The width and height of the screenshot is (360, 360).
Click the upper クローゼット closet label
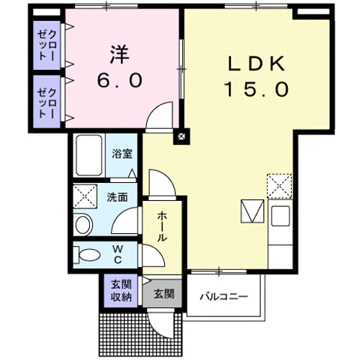click(x=47, y=45)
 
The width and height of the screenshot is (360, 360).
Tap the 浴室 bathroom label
click(x=122, y=154)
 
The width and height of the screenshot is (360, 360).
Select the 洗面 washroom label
click(x=116, y=198)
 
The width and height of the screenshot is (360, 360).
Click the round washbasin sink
click(x=83, y=223)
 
